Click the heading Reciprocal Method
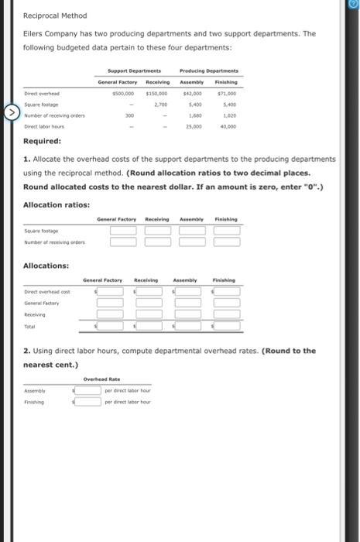tap(55, 15)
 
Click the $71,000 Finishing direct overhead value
tap(226, 92)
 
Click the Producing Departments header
tap(208, 70)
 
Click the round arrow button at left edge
tap(10, 114)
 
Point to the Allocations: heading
tap(49, 266)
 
